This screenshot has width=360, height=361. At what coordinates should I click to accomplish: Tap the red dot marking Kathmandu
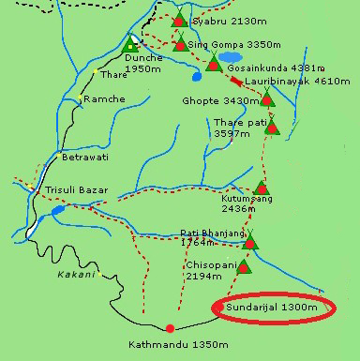[170, 328]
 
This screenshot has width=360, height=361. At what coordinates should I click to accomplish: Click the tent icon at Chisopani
[244, 267]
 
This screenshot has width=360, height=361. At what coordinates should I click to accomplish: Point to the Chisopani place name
[203, 264]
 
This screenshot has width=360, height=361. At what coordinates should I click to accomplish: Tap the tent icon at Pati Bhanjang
[250, 243]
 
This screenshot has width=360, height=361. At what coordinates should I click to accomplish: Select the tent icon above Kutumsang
[262, 188]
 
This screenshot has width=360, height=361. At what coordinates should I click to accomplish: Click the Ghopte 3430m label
[214, 100]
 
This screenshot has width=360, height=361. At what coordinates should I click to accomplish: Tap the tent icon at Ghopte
[266, 98]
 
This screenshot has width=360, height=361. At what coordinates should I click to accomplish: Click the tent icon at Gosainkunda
[214, 64]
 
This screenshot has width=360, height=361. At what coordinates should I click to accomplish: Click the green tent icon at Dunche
[130, 43]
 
